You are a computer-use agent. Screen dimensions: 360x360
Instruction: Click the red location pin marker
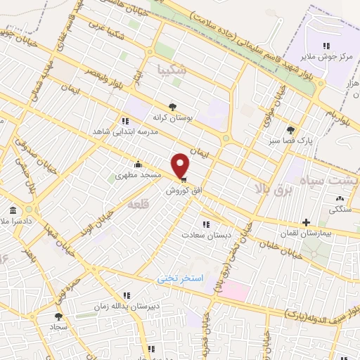pos(181,165)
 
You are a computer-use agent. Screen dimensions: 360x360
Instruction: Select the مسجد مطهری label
pos(139,174)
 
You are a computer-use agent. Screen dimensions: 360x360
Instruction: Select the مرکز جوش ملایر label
pos(325,58)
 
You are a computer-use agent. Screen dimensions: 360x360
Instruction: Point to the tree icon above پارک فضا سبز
pos(290,129)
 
